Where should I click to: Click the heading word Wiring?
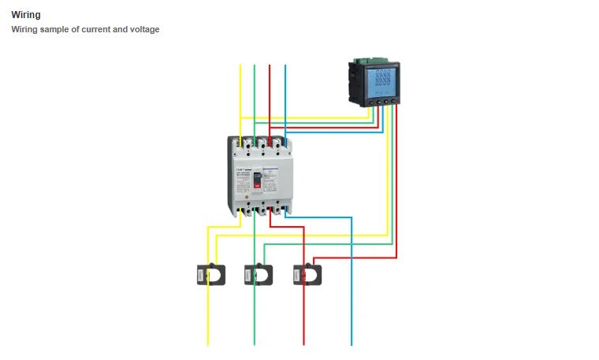(26, 14)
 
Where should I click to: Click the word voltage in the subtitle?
(142, 30)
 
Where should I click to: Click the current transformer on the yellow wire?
(210, 274)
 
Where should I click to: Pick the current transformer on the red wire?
(307, 274)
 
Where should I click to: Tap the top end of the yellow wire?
(240, 66)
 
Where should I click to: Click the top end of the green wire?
(255, 66)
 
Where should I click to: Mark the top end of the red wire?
(270, 66)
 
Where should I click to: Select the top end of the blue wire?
(285, 66)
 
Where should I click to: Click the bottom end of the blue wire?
(352, 343)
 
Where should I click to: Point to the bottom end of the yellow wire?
(208, 343)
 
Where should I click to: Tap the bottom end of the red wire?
(303, 343)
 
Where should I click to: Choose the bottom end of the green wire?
(254, 343)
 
